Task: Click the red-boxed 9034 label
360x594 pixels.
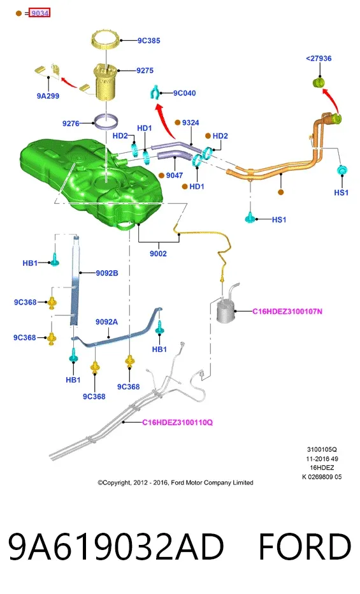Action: [40, 13]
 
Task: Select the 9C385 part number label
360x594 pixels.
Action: [148, 41]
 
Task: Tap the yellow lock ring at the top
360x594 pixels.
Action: [106, 41]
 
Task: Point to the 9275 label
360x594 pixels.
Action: [145, 71]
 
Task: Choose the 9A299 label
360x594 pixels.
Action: [48, 96]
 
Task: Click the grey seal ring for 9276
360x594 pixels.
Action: [106, 121]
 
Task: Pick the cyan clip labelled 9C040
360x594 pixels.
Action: [155, 92]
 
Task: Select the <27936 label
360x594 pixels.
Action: [319, 59]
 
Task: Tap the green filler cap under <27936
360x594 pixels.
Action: [319, 82]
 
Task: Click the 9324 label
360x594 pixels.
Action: [191, 123]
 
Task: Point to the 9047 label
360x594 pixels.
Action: [174, 175]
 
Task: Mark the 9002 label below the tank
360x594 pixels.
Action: [158, 254]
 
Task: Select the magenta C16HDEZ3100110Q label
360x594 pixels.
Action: [178, 423]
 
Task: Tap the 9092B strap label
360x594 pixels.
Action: [107, 273]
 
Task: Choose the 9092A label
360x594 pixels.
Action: [106, 322]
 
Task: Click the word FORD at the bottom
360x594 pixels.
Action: [305, 547]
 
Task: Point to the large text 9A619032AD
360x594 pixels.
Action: [116, 547]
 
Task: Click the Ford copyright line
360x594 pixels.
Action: [175, 482]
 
